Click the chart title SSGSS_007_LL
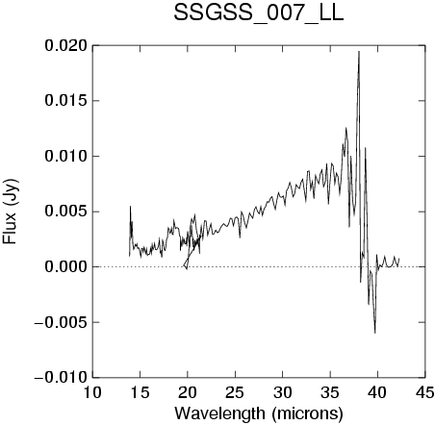pyautogui.click(x=259, y=13)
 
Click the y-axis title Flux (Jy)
pyautogui.click(x=10, y=212)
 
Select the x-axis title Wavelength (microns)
pyautogui.click(x=259, y=413)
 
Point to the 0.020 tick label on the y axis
pyautogui.click(x=66, y=46)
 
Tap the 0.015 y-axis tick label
pyautogui.click(x=66, y=101)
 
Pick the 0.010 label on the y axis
pyautogui.click(x=66, y=157)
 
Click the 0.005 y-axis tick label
pyautogui.click(x=66, y=212)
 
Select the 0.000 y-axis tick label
pyautogui.click(x=66, y=266)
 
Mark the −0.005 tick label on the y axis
pyautogui.click(x=61, y=322)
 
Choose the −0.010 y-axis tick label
pyautogui.click(x=61, y=377)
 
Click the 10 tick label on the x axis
pyautogui.click(x=92, y=392)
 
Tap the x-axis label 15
pyautogui.click(x=140, y=392)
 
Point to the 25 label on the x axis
pyautogui.click(x=235, y=392)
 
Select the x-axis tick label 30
pyautogui.click(x=282, y=392)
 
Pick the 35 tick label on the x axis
pyautogui.click(x=330, y=392)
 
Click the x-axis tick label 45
pyautogui.click(x=424, y=392)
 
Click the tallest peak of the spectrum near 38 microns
pyautogui.click(x=359, y=52)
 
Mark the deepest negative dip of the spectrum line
pyautogui.click(x=374, y=333)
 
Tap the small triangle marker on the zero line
pyautogui.click(x=186, y=264)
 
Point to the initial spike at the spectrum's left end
pyautogui.click(x=130, y=207)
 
